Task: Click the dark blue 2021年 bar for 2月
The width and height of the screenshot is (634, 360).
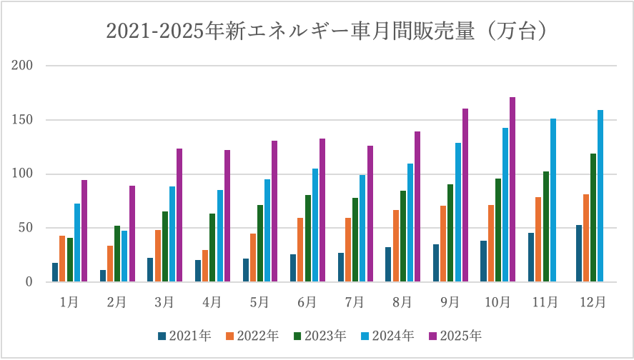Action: tap(103, 276)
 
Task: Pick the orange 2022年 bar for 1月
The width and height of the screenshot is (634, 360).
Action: tap(63, 259)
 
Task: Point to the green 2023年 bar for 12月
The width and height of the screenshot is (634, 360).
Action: tap(593, 218)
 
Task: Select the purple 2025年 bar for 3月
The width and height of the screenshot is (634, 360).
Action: tap(179, 215)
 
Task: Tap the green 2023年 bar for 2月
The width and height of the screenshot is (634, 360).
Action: tap(117, 254)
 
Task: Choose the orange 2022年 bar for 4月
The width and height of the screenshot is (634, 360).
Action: tap(206, 266)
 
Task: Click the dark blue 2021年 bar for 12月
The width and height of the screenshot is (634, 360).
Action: tap(578, 254)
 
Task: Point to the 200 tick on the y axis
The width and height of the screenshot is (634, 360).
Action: tap(24, 66)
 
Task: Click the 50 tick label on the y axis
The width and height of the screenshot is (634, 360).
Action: tap(26, 228)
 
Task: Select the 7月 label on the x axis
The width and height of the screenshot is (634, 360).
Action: tap(355, 302)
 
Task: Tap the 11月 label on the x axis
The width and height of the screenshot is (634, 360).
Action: tap(545, 302)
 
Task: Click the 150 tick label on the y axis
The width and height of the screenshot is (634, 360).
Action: tap(24, 120)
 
